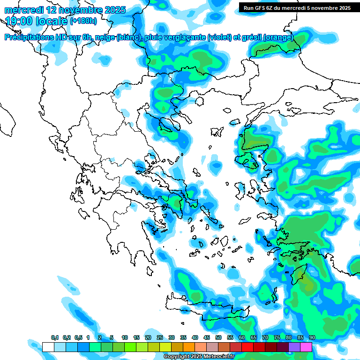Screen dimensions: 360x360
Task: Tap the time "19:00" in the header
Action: coord(19,21)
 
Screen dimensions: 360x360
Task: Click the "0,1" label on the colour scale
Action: coord(55,338)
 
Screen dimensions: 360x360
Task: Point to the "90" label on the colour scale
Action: coord(312,338)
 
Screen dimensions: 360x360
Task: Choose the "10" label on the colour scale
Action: coord(125,338)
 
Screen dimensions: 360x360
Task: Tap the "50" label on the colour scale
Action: coord(218,338)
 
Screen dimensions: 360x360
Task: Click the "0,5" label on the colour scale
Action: coord(78,338)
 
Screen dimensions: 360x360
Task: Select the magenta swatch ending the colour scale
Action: coord(306,347)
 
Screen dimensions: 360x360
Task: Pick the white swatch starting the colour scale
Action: coord(48,347)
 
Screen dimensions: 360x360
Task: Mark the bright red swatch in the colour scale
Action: coord(247,347)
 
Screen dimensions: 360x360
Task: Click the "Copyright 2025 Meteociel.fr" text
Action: coord(199,357)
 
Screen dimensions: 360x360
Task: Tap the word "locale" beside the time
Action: coord(50,21)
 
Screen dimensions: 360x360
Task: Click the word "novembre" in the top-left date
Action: coord(80,9)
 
